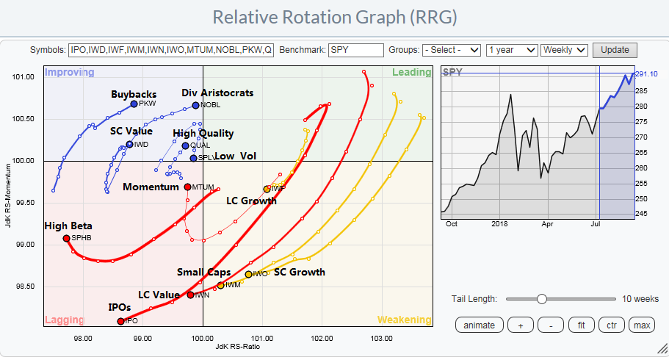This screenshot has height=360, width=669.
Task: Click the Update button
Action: (615, 50)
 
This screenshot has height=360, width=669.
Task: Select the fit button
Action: (580, 325)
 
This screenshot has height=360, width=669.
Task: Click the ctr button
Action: (610, 325)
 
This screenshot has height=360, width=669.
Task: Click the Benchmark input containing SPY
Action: (356, 50)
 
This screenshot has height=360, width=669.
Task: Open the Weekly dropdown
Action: (564, 50)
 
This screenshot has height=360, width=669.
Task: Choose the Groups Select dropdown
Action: (452, 50)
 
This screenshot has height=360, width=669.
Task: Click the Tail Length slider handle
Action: (541, 298)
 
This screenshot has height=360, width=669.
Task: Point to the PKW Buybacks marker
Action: (134, 104)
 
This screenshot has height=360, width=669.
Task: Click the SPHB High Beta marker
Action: (66, 238)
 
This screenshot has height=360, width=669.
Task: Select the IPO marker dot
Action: (120, 320)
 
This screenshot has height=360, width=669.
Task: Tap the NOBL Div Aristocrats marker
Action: (195, 105)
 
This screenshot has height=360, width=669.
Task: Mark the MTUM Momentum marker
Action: (187, 187)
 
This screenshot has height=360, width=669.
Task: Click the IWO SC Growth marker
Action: (248, 274)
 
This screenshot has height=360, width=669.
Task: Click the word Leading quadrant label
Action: (411, 72)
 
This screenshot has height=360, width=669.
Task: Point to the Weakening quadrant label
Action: (404, 320)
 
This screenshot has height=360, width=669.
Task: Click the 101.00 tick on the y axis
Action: (24, 77)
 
